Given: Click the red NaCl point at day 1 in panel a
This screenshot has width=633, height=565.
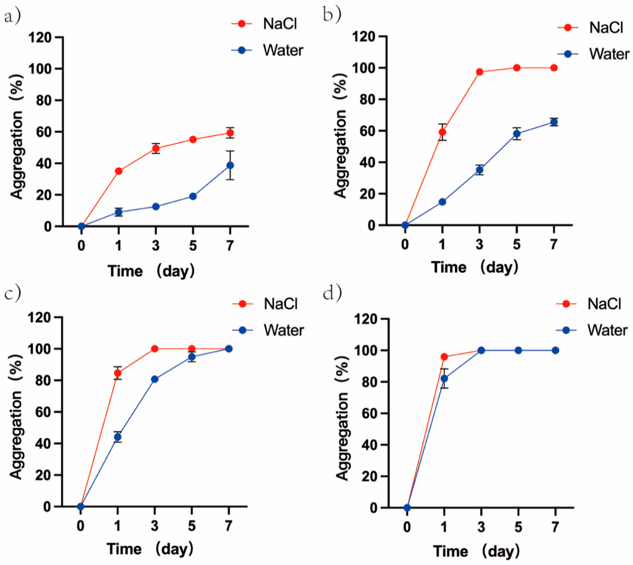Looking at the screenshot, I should [x=118, y=171].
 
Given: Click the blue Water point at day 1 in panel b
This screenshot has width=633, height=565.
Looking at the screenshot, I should [x=442, y=202].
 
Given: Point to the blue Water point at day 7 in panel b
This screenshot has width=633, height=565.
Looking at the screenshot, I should [x=554, y=122].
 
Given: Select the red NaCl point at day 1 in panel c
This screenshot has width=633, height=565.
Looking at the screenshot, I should [x=118, y=373].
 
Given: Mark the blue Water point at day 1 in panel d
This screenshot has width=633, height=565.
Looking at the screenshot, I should [x=444, y=378].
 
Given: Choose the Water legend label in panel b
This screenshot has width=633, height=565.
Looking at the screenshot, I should [x=609, y=54].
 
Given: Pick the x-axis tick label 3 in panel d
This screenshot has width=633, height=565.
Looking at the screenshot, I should [x=481, y=527].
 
